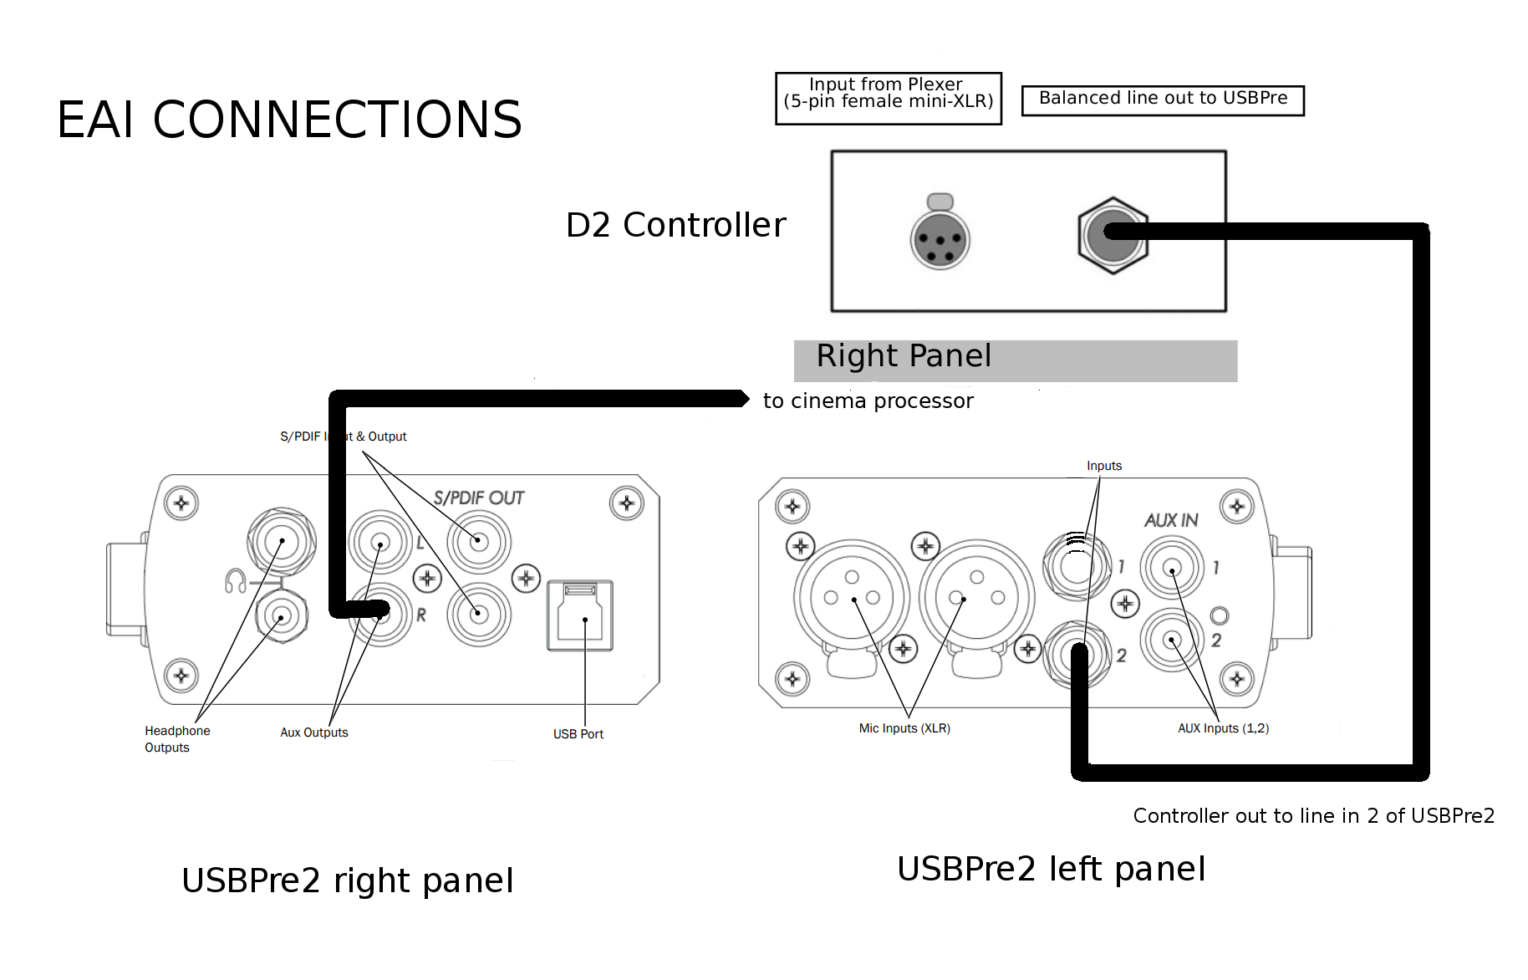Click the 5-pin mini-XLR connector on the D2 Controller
point(940,240)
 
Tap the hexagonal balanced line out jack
point(1112,235)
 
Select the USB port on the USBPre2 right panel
point(580,615)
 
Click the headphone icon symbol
point(235,580)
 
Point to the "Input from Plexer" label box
point(888,98)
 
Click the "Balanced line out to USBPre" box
point(1162,100)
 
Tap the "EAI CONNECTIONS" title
point(289,120)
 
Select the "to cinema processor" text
point(868,401)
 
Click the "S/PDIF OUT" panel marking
point(478,498)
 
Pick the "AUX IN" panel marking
point(1170,520)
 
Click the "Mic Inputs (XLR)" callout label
point(904,728)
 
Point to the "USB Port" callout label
point(578,734)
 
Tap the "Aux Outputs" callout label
point(313,732)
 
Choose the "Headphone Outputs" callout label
point(176,739)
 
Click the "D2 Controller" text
point(675,225)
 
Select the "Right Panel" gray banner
point(1015,360)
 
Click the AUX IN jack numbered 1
point(1172,568)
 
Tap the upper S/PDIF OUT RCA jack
point(478,541)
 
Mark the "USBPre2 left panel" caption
point(1051,869)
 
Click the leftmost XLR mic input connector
point(851,597)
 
